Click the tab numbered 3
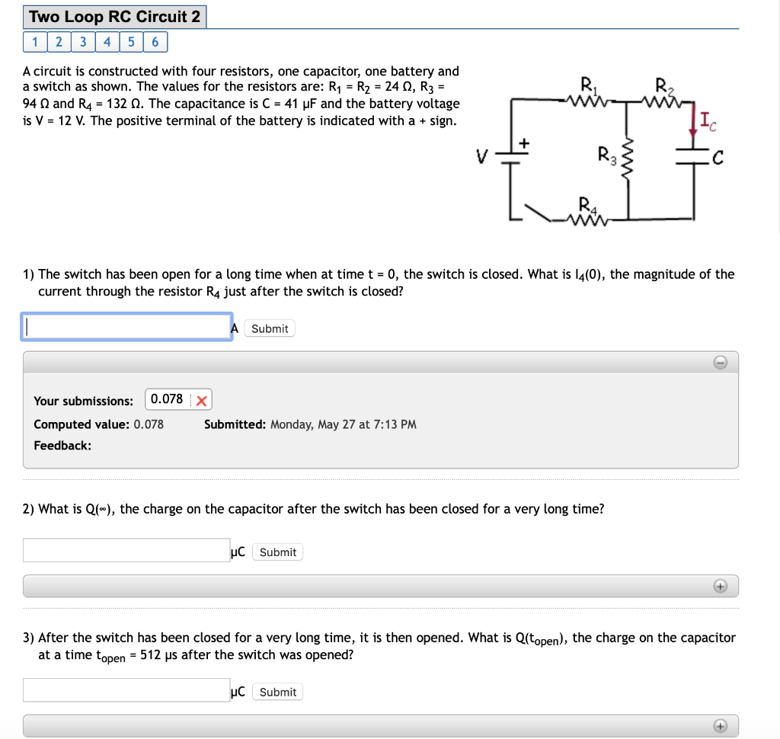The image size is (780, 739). pyautogui.click(x=82, y=42)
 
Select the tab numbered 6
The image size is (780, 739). pyautogui.click(x=155, y=42)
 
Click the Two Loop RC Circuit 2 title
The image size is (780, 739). pyautogui.click(x=115, y=17)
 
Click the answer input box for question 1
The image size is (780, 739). pyautogui.click(x=126, y=327)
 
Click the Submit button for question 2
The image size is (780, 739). pyautogui.click(x=277, y=552)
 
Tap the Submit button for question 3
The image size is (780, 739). pyautogui.click(x=277, y=692)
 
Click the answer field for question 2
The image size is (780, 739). pyautogui.click(x=126, y=551)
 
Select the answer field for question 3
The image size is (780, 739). pyautogui.click(x=126, y=690)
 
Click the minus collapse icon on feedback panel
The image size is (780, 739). pyautogui.click(x=721, y=363)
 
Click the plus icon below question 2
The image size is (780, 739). pyautogui.click(x=721, y=586)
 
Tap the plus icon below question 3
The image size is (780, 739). pyautogui.click(x=721, y=725)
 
